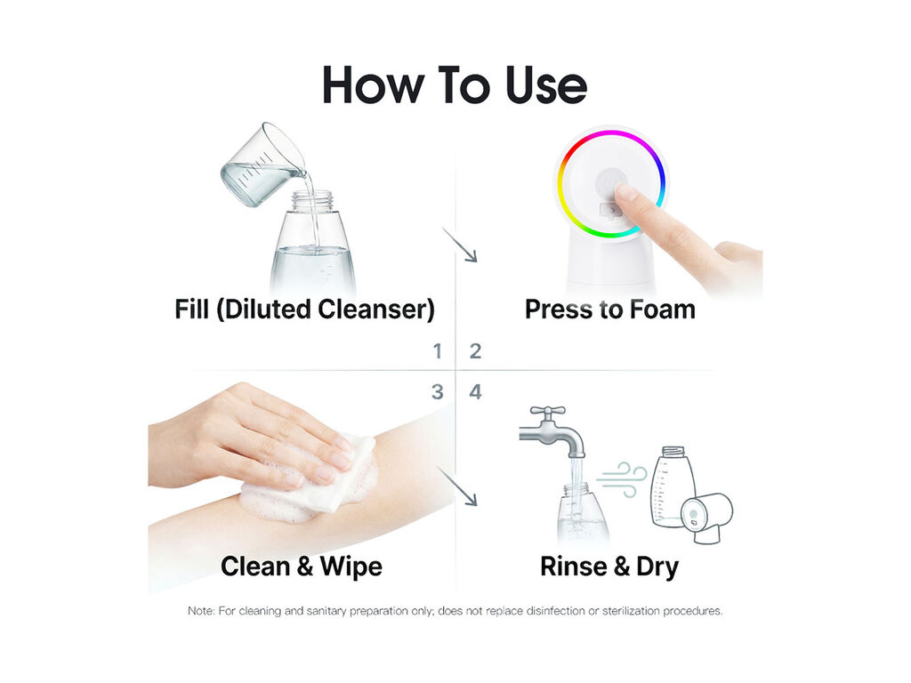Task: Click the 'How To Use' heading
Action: (455, 85)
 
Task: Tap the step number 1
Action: (438, 350)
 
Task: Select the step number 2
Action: (475, 350)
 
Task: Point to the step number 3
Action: (438, 392)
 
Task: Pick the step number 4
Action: (475, 392)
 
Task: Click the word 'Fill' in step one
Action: (192, 309)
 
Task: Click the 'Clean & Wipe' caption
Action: (302, 566)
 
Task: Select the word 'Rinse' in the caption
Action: (574, 566)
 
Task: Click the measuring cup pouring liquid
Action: (263, 165)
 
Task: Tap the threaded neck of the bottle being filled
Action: (312, 201)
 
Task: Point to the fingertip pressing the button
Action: (625, 192)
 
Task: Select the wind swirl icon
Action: (622, 479)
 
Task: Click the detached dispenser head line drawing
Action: (705, 517)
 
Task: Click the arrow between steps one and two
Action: (460, 245)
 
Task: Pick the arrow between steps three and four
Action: (457, 486)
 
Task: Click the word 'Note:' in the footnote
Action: (201, 611)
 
